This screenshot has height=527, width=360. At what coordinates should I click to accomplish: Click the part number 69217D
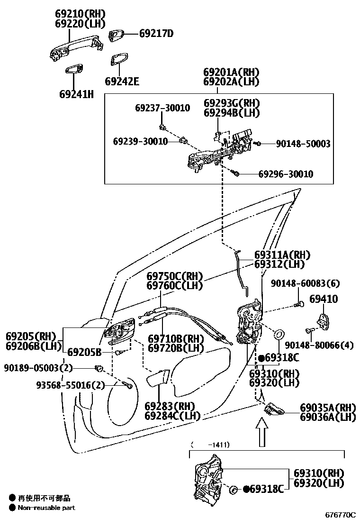156,34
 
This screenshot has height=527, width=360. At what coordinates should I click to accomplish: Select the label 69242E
122,82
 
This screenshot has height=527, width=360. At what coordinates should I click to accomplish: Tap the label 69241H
76,94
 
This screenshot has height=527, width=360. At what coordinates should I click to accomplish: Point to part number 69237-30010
162,108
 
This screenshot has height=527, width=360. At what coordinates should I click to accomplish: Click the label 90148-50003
297,144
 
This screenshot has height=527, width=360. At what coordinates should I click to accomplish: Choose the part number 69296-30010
285,174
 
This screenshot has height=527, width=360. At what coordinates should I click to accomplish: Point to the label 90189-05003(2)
38,367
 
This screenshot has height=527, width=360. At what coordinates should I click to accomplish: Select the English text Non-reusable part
46,508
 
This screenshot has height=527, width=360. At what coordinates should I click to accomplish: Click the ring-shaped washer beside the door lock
279,334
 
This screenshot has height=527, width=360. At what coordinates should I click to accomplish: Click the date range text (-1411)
210,445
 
